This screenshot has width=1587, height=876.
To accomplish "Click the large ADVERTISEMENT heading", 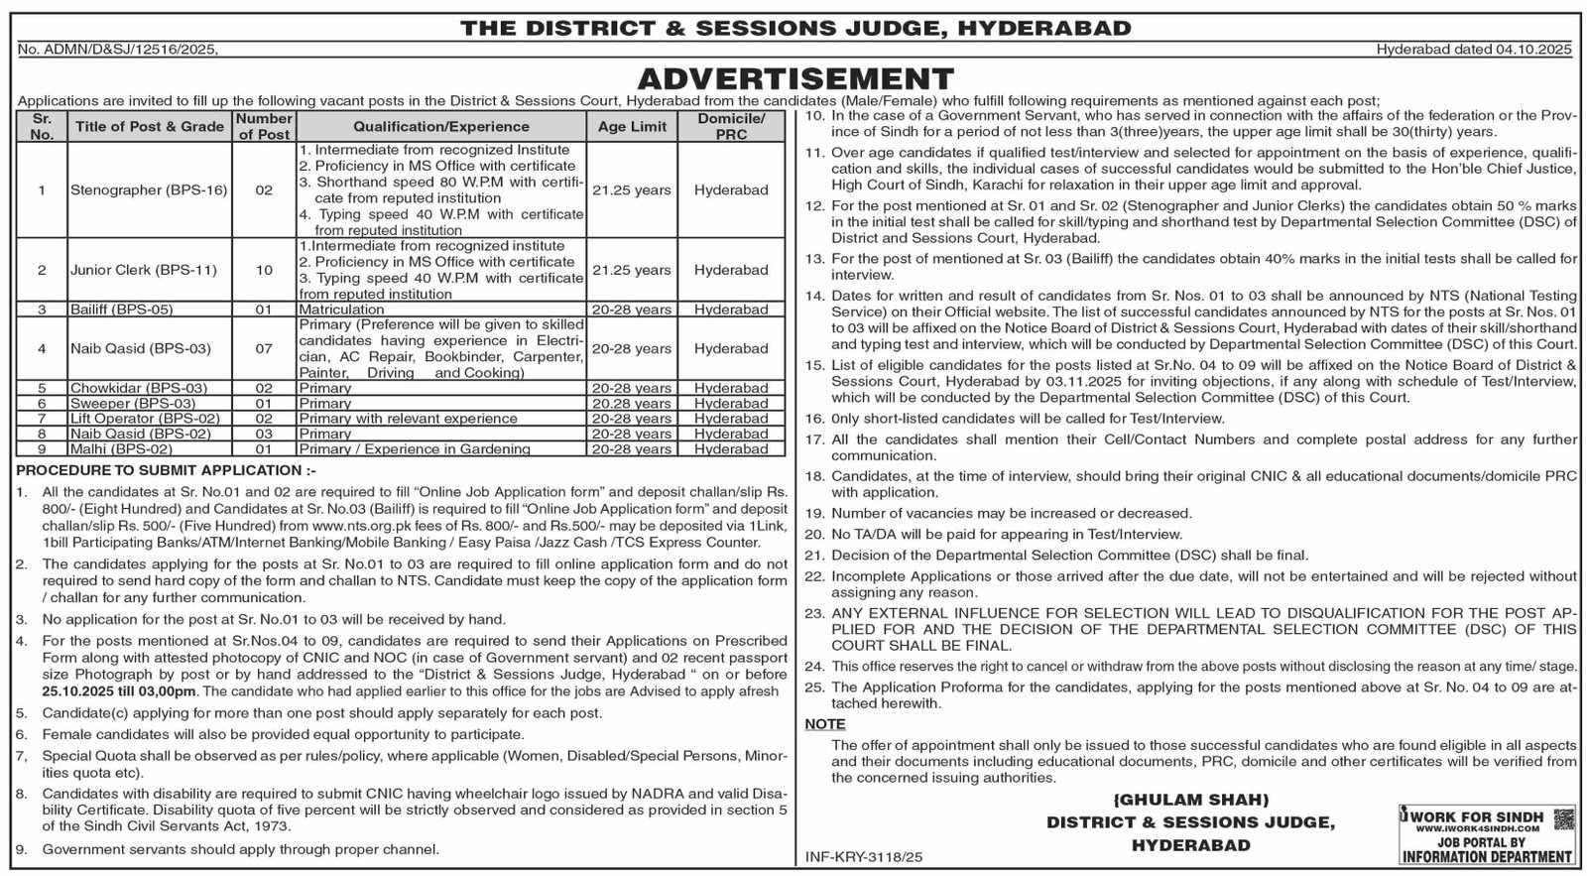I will (x=794, y=77).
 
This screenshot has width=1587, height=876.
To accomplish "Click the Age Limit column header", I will (x=632, y=127).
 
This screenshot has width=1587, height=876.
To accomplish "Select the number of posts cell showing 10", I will (x=264, y=270).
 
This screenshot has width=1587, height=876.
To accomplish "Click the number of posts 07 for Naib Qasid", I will (x=264, y=348).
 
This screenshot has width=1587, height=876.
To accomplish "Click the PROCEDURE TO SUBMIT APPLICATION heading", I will (x=167, y=469).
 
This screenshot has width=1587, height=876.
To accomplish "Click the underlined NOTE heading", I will (x=824, y=724).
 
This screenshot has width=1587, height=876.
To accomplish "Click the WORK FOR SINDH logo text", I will (x=1477, y=815).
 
